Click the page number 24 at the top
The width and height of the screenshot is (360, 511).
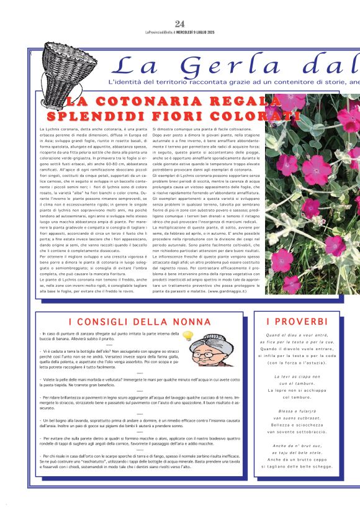point(180,24)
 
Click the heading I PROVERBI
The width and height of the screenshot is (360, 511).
point(297,322)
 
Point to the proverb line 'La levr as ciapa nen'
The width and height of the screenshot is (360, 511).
point(297,377)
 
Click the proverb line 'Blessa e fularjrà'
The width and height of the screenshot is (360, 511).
point(297,411)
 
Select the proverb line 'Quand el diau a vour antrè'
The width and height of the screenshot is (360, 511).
point(297,335)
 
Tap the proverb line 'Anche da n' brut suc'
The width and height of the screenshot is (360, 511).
point(297,445)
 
